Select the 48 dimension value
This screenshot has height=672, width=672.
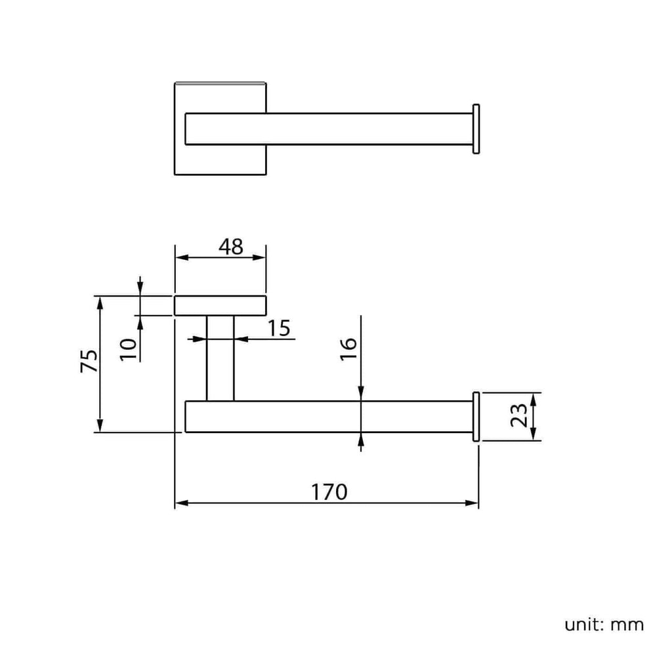230,247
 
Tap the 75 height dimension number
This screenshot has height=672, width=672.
89,361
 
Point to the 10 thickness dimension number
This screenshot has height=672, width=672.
128,349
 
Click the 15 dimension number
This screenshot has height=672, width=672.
279,328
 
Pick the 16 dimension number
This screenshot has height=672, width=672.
348,349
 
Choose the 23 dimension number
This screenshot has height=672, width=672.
518,415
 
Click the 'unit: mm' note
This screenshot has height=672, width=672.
604,625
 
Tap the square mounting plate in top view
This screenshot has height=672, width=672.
220,129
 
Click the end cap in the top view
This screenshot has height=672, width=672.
476,129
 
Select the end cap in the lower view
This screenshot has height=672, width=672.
476,417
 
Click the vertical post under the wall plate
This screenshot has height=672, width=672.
220,358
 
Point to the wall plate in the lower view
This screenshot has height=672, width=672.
220,306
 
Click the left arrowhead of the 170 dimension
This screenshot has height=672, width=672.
182,503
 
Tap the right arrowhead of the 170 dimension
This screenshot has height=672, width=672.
472,503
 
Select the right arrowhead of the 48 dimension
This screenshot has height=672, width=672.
259,257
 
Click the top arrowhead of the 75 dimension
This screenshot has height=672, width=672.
100,303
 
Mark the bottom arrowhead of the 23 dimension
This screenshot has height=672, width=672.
533,434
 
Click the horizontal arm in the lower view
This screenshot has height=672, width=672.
329,417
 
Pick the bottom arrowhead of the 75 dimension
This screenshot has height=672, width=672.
100,425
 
